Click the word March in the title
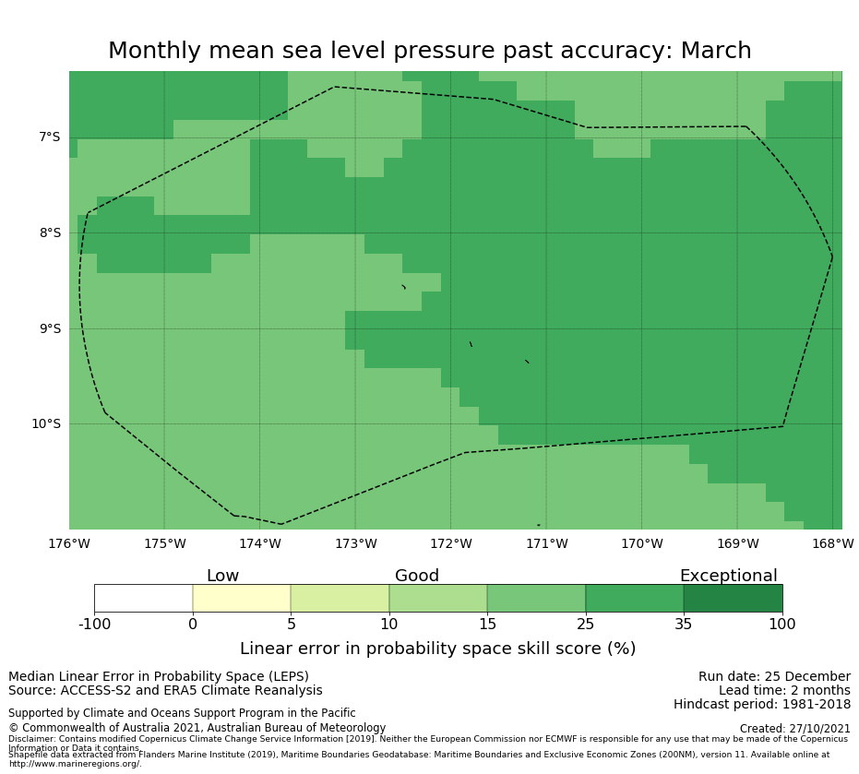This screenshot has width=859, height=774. (716, 52)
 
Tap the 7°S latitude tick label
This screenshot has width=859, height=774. (49, 137)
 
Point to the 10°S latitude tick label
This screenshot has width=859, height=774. (46, 424)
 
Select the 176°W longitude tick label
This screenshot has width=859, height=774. (69, 544)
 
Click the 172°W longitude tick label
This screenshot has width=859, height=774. (450, 544)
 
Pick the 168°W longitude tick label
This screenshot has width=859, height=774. (832, 544)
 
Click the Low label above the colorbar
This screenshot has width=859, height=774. (222, 577)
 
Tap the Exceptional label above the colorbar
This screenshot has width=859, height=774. (728, 577)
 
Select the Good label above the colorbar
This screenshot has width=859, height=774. (417, 577)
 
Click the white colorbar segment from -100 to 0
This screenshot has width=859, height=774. (143, 599)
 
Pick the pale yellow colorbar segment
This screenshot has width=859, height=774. (242, 599)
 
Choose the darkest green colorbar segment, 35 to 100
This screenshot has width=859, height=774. (733, 599)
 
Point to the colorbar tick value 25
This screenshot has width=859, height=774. (585, 625)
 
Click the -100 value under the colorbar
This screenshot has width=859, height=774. (94, 625)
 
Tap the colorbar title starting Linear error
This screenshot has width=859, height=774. (437, 649)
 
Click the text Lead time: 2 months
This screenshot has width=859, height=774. (784, 691)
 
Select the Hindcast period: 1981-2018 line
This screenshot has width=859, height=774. (762, 705)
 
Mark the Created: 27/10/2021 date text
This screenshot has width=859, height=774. (795, 729)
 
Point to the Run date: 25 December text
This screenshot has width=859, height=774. (774, 677)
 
